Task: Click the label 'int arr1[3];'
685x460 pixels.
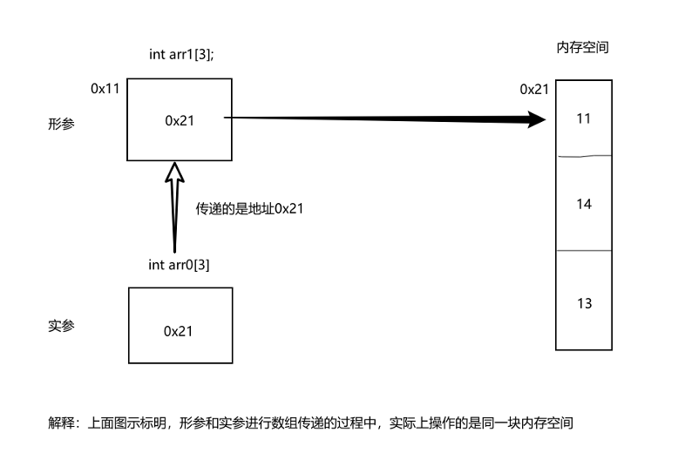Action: [181, 54]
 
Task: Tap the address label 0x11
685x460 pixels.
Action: [105, 89]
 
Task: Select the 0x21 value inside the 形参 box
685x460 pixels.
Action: [180, 121]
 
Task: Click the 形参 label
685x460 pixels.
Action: [61, 125]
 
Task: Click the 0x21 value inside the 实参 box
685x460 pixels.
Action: [179, 331]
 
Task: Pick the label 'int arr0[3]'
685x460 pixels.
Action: [179, 264]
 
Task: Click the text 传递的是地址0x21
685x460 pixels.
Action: [249, 209]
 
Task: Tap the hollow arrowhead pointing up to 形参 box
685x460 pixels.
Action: [174, 172]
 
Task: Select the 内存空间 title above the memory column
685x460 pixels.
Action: [582, 48]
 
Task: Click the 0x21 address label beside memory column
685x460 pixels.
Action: [534, 89]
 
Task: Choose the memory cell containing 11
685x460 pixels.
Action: [584, 118]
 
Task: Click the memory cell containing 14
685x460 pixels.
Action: [584, 204]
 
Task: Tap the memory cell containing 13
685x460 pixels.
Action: [584, 303]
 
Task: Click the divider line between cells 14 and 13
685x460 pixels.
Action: [584, 251]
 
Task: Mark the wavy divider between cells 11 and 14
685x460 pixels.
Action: [584, 156]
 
